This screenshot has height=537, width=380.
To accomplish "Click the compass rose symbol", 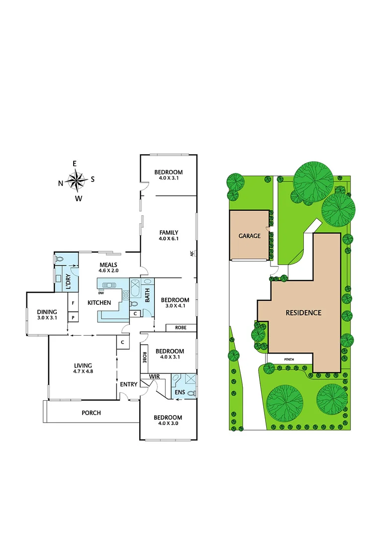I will click(77, 180).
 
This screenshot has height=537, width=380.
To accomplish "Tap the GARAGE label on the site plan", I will click(249, 236).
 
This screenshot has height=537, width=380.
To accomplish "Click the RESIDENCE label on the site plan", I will click(303, 313).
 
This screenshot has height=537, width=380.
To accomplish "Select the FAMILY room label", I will click(169, 232).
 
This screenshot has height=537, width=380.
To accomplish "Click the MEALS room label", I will click(108, 265).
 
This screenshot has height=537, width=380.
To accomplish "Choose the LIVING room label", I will click(83, 365).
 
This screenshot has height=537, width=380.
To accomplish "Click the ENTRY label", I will click(128, 384).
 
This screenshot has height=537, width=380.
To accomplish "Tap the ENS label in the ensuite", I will click(179, 393).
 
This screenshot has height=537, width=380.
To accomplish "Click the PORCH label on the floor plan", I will click(91, 413).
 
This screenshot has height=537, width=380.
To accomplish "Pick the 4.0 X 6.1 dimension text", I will click(169, 239).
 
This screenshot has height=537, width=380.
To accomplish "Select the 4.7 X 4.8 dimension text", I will click(83, 372).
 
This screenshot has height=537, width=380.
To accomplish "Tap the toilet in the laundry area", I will click(60, 259).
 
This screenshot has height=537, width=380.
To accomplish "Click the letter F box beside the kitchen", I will click(73, 302).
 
